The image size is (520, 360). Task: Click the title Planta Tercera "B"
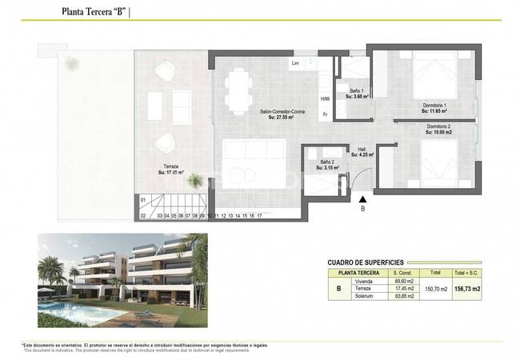tap(93, 11)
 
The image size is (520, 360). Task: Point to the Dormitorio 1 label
tap(435, 107)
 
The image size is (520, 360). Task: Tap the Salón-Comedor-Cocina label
tap(254, 113)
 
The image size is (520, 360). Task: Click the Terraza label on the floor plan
tap(167, 168)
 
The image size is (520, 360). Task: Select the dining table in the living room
tap(237, 89)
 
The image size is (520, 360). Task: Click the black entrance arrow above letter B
tap(363, 199)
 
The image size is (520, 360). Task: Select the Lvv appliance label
tap(295, 62)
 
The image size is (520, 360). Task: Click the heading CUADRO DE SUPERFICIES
tap(366, 262)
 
